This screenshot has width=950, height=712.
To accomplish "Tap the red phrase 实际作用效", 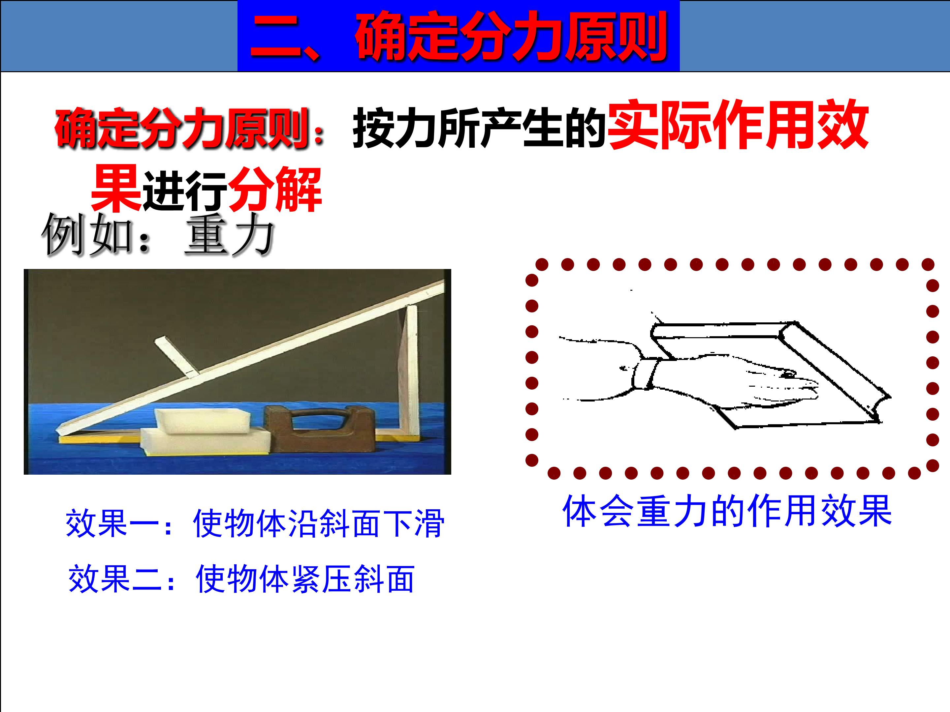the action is tap(738, 125).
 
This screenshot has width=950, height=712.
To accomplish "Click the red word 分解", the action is tap(275, 189).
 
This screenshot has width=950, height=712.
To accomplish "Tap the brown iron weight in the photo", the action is tap(320, 429).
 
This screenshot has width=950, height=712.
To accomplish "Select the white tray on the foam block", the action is tap(202, 420).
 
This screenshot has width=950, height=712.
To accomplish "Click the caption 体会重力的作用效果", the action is tap(727, 511).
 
